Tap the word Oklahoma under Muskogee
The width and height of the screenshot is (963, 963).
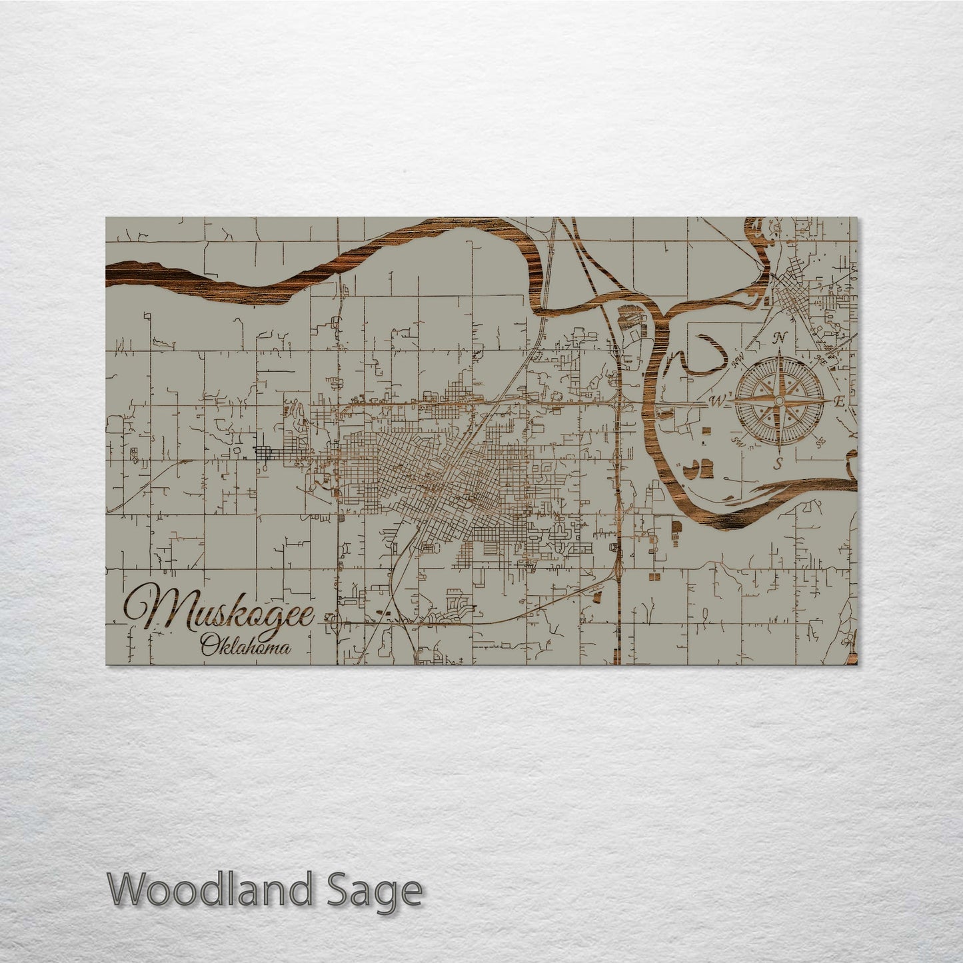coord(245,646)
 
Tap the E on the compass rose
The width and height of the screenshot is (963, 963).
coord(839,401)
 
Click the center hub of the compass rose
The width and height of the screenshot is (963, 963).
coord(777,401)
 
